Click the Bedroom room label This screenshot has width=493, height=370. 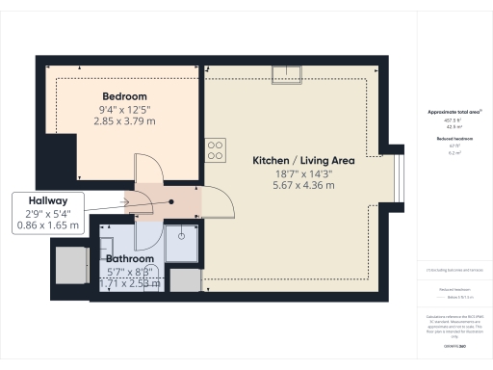125,96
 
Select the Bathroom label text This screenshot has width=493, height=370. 130,259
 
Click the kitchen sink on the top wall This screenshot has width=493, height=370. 286,72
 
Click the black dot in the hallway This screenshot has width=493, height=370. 171,202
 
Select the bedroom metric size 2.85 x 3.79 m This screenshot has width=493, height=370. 125,122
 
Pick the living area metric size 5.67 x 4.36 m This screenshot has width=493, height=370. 303,184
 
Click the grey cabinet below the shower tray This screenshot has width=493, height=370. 187,280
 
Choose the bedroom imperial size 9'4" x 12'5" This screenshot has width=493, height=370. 125,110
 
